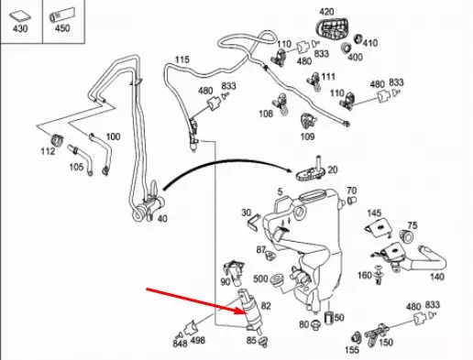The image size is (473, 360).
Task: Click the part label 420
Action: [x=327, y=12]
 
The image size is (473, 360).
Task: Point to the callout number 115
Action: [x=182, y=60]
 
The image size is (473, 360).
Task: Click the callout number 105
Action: [x=77, y=167]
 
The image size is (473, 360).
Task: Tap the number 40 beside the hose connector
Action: [x=162, y=219]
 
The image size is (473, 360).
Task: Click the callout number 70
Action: [x=350, y=191]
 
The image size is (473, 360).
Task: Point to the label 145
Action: [x=374, y=213]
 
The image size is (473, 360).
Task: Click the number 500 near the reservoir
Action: [x=261, y=279]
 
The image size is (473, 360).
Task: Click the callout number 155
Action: [x=352, y=350]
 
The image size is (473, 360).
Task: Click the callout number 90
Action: [x=226, y=269]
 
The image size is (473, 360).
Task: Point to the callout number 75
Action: [x=412, y=225]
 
